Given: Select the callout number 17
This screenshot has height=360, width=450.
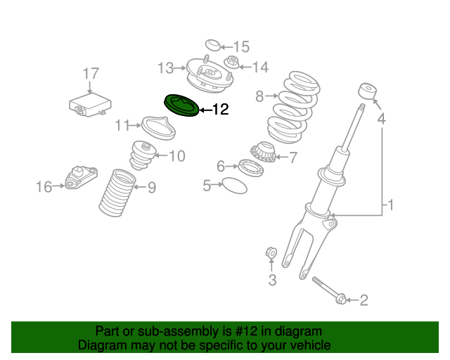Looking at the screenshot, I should click(91, 74).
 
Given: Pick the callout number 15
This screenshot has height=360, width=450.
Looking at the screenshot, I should click(241, 47).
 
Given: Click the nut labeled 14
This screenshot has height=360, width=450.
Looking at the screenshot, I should click(231, 63).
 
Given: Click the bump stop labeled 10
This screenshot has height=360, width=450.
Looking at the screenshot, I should click(143, 156).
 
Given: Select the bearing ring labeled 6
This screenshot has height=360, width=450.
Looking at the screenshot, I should click(247, 167).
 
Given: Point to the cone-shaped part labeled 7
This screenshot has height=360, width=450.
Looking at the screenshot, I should click(265, 153).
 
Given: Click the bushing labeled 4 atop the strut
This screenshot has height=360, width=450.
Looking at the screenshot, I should click(366, 93).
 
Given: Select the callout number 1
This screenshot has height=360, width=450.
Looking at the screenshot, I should click(391, 206).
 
